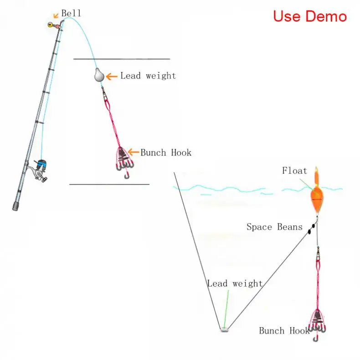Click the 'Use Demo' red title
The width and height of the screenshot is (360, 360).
(310, 16)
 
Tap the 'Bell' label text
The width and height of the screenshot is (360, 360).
(71, 14)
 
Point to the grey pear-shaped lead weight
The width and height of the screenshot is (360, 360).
(99, 75)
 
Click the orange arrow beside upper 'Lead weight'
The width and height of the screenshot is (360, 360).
(112, 76)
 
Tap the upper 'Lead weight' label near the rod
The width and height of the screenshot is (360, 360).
(148, 76)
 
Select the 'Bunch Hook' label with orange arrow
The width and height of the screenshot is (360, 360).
(166, 153)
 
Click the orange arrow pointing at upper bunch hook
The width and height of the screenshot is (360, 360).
(133, 152)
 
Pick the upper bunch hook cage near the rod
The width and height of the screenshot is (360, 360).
(123, 159)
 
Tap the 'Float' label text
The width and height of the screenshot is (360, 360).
(294, 171)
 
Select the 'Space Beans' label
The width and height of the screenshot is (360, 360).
(274, 226)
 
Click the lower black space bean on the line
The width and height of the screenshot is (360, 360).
(308, 231)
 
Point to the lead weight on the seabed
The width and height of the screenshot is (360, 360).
(224, 329)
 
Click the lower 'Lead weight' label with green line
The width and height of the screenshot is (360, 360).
(235, 283)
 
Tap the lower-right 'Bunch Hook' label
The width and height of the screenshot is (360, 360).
(284, 331)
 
